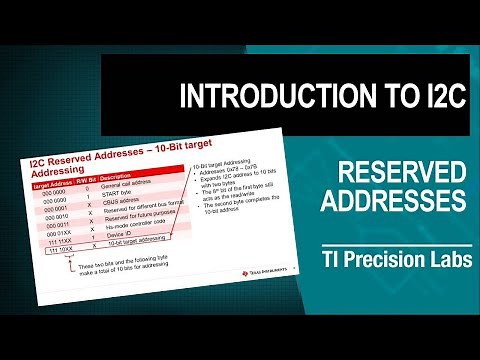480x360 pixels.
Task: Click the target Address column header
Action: [x=52, y=185]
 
